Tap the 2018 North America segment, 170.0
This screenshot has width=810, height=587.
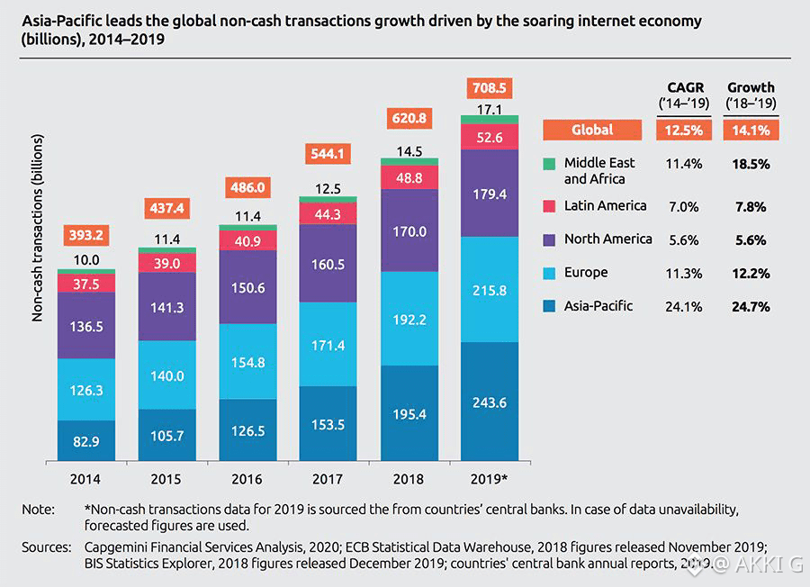pyautogui.click(x=409, y=231)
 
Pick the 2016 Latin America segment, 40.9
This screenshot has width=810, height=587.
pyautogui.click(x=247, y=241)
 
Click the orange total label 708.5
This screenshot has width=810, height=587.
pyautogui.click(x=490, y=88)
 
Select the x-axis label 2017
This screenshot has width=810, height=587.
pyautogui.click(x=328, y=480)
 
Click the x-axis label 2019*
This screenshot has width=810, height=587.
pyautogui.click(x=490, y=480)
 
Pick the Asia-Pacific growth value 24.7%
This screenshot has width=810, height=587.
pyautogui.click(x=748, y=307)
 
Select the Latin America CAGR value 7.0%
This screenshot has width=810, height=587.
pyautogui.click(x=683, y=206)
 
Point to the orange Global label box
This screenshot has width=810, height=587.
pyautogui.click(x=592, y=130)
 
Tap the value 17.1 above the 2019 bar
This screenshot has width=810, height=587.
pyautogui.click(x=490, y=108)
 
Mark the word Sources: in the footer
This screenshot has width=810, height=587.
pyautogui.click(x=47, y=547)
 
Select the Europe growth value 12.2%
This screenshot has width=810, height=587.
pyautogui.click(x=748, y=274)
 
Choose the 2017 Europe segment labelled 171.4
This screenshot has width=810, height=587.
pyautogui.click(x=328, y=344)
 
